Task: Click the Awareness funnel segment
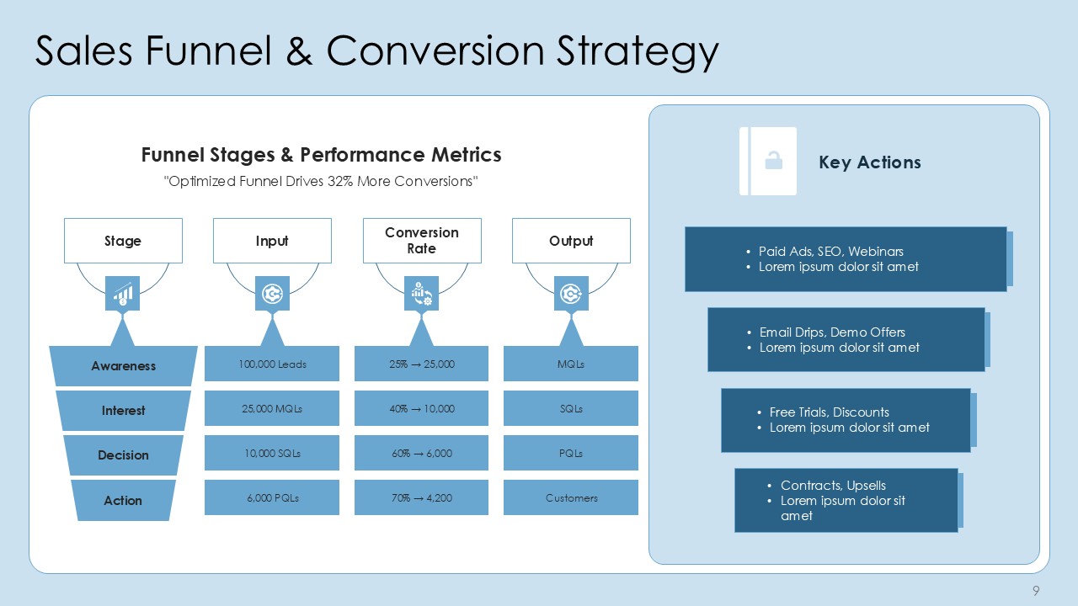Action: (x=123, y=366)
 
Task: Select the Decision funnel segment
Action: (x=123, y=455)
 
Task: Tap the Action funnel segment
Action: (x=123, y=500)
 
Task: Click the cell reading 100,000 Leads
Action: (x=272, y=364)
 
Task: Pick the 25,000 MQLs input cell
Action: (x=272, y=408)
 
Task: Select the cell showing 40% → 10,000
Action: (x=422, y=408)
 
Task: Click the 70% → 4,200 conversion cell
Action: (x=422, y=497)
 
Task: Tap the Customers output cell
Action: (x=571, y=497)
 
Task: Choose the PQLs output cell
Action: (x=571, y=453)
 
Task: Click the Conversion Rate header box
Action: (x=422, y=241)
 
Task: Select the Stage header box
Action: (x=123, y=241)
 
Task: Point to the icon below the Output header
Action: (x=571, y=294)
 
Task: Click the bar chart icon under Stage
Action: (x=123, y=294)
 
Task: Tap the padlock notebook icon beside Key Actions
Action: (x=768, y=161)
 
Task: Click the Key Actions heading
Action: (x=869, y=162)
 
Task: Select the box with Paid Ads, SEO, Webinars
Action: (x=846, y=259)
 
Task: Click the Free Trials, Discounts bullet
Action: (x=829, y=412)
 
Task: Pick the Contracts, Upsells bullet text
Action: (x=833, y=486)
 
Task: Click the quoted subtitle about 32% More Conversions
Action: (x=321, y=181)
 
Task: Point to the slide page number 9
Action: (x=1036, y=591)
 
